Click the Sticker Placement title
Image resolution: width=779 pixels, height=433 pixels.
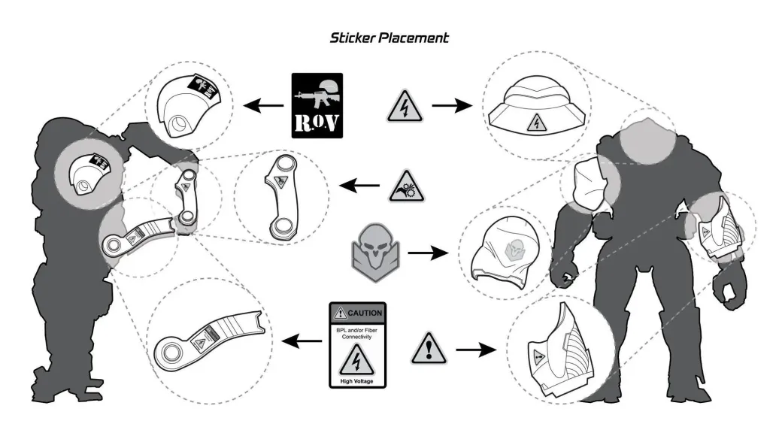point(389,38)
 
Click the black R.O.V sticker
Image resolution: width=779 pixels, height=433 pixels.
point(317,105)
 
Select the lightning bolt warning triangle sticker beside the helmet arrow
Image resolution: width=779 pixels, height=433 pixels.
point(405,107)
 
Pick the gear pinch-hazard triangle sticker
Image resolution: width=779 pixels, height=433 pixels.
point(406,186)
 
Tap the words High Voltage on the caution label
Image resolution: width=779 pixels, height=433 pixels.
point(358,382)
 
